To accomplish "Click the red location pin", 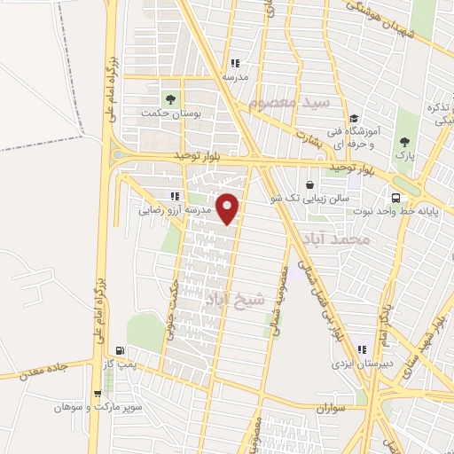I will click(x=228, y=207).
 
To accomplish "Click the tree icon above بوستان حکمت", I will click(x=168, y=98).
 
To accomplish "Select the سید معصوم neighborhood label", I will click(x=289, y=104).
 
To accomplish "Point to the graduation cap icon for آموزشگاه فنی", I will click(x=353, y=119).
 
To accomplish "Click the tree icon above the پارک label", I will click(x=405, y=140).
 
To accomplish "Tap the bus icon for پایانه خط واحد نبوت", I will click(x=396, y=199).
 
